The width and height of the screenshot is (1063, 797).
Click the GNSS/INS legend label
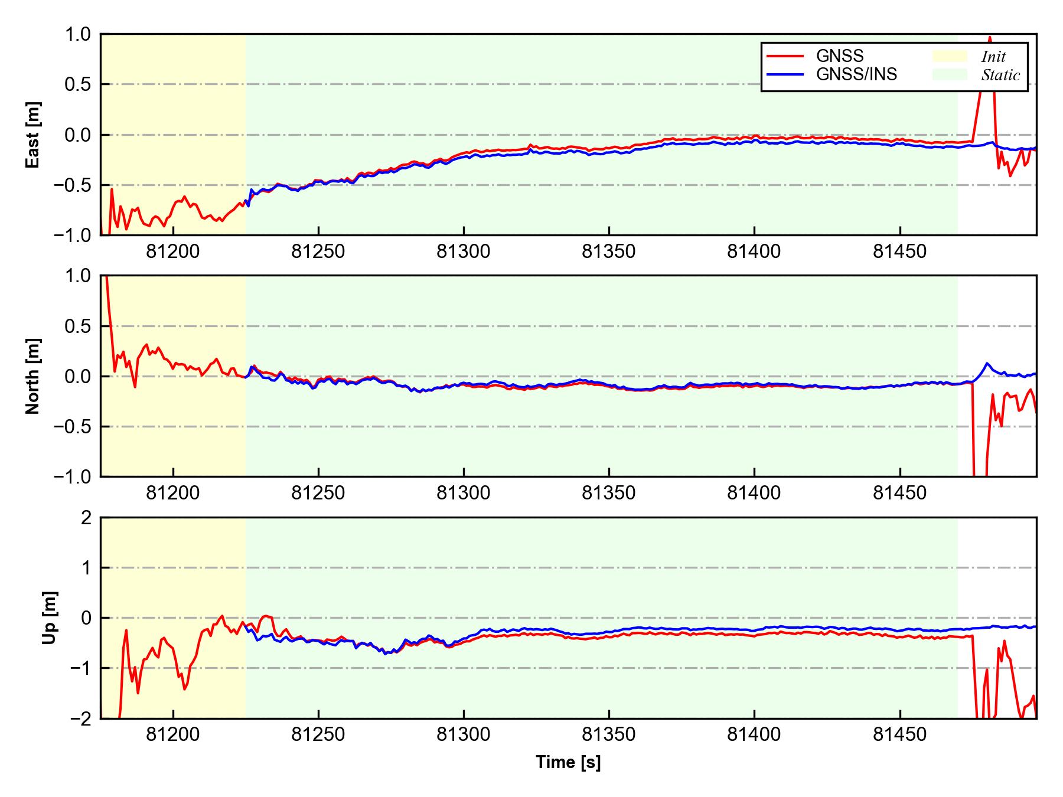click(x=856, y=74)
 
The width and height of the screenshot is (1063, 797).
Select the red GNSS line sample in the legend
click(x=785, y=56)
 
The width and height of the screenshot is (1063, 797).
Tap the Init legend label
click(x=993, y=57)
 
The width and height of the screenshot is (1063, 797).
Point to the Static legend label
click(x=1000, y=75)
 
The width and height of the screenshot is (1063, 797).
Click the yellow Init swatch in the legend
click(x=950, y=56)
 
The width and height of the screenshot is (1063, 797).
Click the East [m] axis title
click(x=33, y=135)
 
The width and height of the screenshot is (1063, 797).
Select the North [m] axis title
click(x=33, y=376)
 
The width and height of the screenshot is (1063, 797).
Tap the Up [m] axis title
click(x=50, y=618)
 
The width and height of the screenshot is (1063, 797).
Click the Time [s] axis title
click(x=568, y=762)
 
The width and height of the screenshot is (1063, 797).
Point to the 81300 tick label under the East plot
click(x=464, y=252)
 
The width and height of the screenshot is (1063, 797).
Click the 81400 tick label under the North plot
click(x=754, y=494)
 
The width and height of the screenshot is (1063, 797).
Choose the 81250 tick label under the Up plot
click(x=318, y=735)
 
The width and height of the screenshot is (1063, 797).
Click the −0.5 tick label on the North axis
click(x=73, y=426)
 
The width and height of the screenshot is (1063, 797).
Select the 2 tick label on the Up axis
click(x=86, y=518)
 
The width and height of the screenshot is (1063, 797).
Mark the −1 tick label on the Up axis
click(x=80, y=668)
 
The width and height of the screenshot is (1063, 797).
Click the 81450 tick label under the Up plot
click(x=899, y=735)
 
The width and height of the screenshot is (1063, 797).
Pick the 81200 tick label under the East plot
click(x=173, y=252)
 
